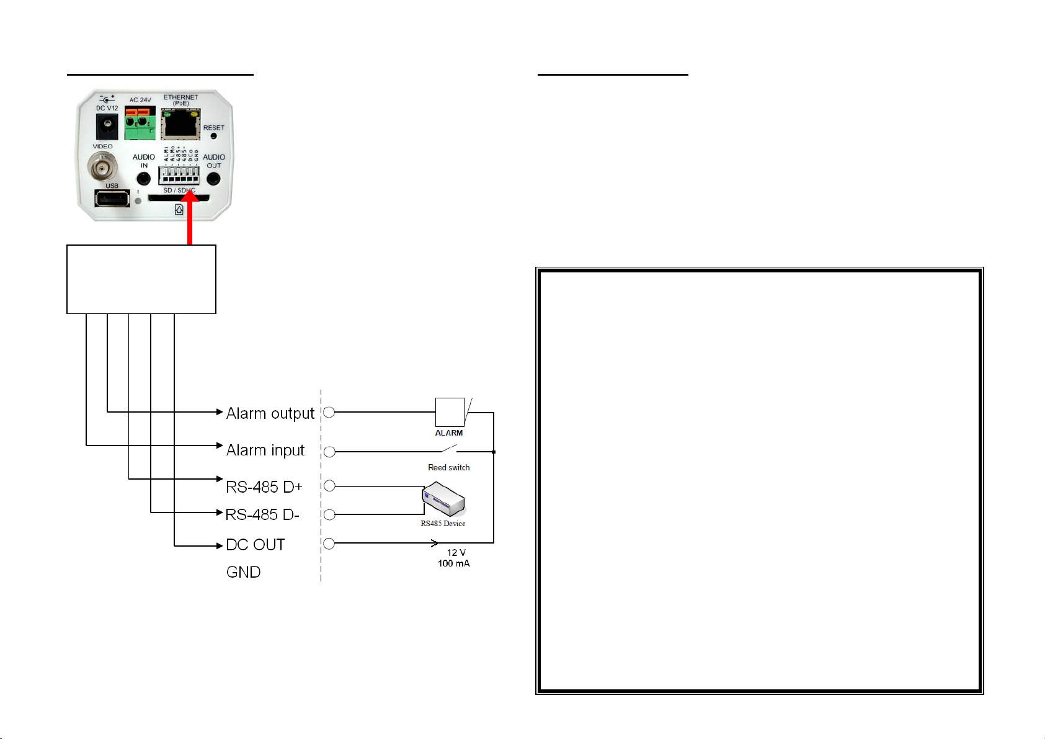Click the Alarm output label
point(270,413)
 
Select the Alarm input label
point(265,450)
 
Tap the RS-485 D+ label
point(264,487)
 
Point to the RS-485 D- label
point(262,515)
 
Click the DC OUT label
point(255,545)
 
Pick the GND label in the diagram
point(243,572)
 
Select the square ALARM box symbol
point(450,412)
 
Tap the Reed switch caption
point(448,467)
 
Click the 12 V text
point(456,552)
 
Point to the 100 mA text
point(453,563)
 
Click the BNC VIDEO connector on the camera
point(102,166)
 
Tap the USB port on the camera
point(112,199)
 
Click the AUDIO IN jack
point(143,179)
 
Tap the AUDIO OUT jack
point(213,179)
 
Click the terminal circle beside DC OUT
point(329,544)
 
